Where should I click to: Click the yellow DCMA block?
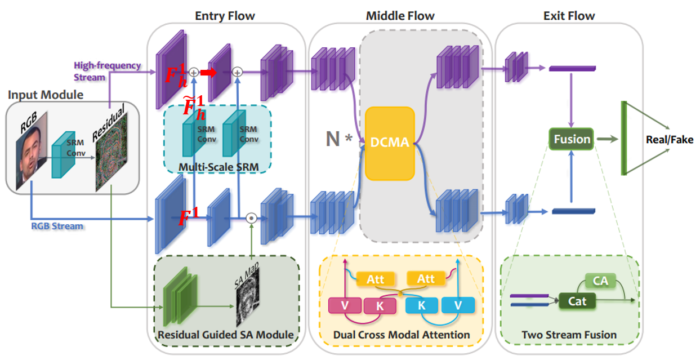point(390,143)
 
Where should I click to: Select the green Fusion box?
point(572,139)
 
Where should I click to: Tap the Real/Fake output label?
point(670,139)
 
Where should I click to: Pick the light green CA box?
point(600,280)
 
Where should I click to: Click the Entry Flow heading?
point(225,16)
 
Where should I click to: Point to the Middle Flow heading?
point(400,16)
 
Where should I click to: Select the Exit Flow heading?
point(569,16)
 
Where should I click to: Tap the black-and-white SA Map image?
point(247,303)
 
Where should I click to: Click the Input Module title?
point(46,94)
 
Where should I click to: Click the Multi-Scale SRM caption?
point(217,167)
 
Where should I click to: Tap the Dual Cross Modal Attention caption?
point(402,335)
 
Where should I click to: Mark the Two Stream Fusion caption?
point(569,335)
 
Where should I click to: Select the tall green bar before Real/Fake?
point(624,138)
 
